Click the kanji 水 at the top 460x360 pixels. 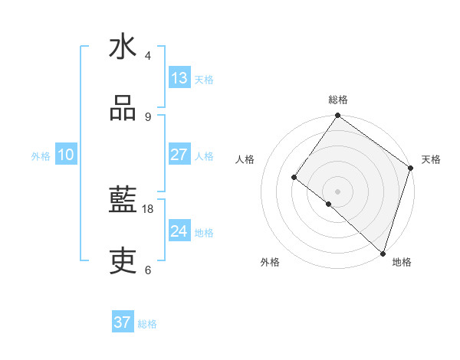123,47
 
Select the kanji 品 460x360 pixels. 123,109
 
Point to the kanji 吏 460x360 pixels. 123,263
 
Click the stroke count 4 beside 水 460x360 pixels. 148,56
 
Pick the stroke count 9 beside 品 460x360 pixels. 148,117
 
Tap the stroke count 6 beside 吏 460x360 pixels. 148,270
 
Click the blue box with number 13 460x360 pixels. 179,78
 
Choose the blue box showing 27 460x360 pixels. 179,155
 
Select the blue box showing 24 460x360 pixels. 179,231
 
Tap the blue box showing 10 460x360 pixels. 66,155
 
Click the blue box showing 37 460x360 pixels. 123,322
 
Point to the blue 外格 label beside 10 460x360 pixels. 41,156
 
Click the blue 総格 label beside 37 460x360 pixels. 147,324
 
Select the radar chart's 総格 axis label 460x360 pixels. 338,100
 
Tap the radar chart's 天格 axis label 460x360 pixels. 432,159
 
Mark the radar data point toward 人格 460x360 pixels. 294,177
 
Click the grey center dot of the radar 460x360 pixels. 338,191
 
